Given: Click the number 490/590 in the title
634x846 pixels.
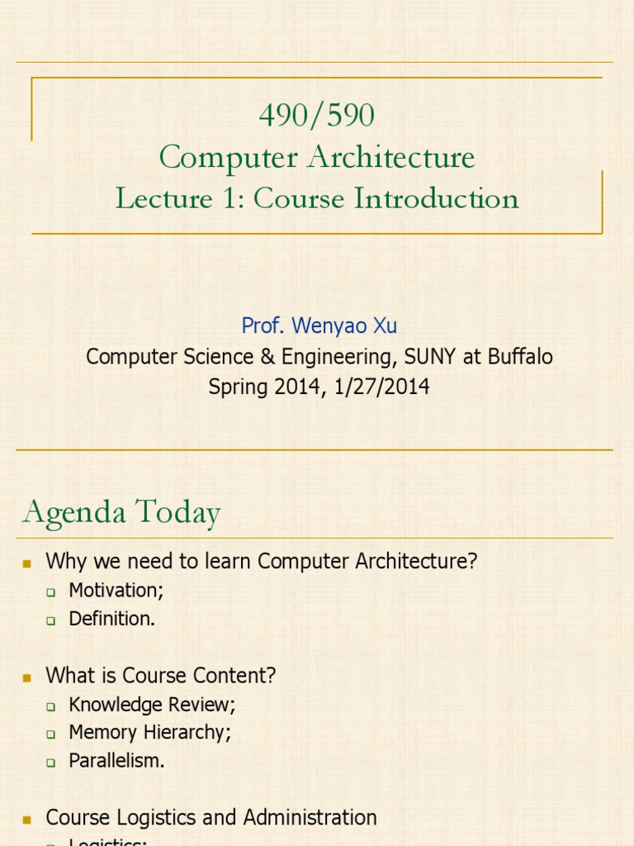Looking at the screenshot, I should [x=317, y=116].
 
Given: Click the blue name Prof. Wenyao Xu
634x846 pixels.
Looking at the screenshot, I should [x=319, y=326].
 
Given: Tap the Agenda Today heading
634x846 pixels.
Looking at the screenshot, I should [x=121, y=513].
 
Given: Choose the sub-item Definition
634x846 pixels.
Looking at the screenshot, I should [x=111, y=618].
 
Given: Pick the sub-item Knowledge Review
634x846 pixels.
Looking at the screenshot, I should [x=152, y=705].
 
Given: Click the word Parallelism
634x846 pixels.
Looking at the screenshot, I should [x=116, y=760].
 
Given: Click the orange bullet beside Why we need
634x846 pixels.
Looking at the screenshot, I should [x=27, y=563].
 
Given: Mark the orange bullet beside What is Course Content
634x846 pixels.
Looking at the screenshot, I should [x=27, y=677].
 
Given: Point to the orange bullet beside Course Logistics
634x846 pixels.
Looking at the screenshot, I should [x=27, y=819].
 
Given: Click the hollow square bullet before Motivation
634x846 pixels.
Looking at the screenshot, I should [x=51, y=592].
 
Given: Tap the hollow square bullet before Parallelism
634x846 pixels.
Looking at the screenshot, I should [x=51, y=762].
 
